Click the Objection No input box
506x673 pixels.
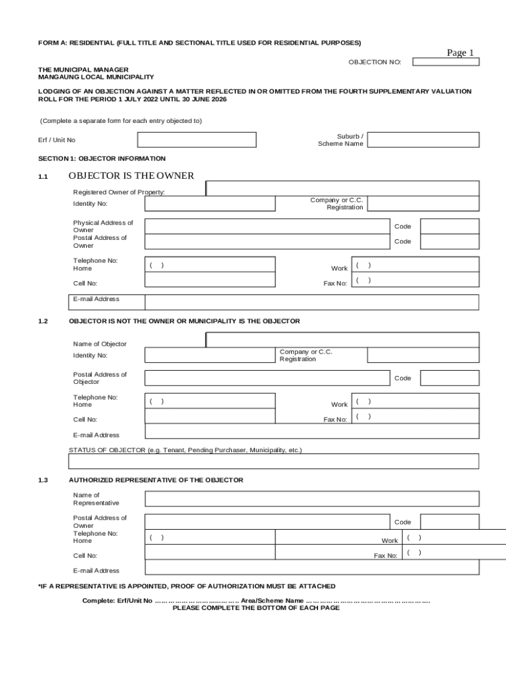point(446,62)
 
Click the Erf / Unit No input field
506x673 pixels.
point(196,140)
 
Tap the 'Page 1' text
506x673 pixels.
point(460,53)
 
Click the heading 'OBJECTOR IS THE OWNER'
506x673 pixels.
point(131,175)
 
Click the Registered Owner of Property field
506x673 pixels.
point(342,189)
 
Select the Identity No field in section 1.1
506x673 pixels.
point(210,204)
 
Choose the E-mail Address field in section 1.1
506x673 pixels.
point(311,302)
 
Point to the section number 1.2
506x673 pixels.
point(43,321)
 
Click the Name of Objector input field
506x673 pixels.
point(342,340)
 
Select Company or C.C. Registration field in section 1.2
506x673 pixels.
point(423,356)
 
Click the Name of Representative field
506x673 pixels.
point(311,499)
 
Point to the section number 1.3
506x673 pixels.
point(43,480)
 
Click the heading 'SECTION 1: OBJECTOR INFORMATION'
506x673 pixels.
point(102,158)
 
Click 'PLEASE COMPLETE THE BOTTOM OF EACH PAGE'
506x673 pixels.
point(256,608)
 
